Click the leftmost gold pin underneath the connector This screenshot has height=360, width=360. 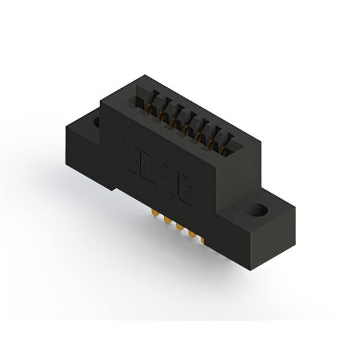[x=154, y=214]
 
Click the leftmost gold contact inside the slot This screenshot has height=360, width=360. [x=148, y=107]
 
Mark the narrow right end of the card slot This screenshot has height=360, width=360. [x=233, y=147]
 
